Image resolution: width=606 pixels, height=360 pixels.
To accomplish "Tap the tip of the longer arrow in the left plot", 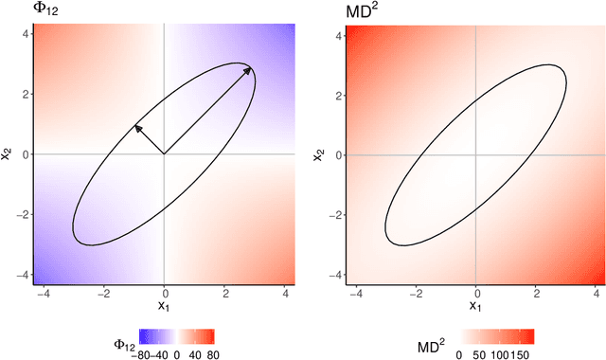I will pyautogui.click(x=252, y=67).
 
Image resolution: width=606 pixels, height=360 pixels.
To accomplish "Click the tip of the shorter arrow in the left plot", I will pyautogui.click(x=134, y=124).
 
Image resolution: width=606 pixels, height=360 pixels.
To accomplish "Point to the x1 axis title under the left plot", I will pyautogui.click(x=164, y=305).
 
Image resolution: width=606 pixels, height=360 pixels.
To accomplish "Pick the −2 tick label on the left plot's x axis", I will pyautogui.click(x=102, y=292).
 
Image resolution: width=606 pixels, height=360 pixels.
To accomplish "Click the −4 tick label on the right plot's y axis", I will pyautogui.click(x=335, y=275).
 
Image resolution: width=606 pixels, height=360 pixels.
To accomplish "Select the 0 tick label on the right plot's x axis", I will pyautogui.click(x=475, y=292).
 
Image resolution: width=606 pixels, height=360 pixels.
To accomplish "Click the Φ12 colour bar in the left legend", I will pyautogui.click(x=176, y=335).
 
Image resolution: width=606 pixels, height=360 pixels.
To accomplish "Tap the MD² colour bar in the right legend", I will pyautogui.click(x=498, y=335).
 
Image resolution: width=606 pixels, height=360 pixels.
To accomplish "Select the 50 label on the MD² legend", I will pyautogui.click(x=480, y=353).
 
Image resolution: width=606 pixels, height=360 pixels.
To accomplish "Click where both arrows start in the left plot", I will pyautogui.click(x=164, y=153).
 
